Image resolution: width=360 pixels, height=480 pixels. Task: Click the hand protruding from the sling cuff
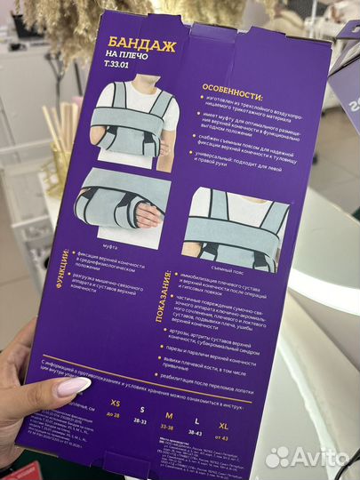149,215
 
